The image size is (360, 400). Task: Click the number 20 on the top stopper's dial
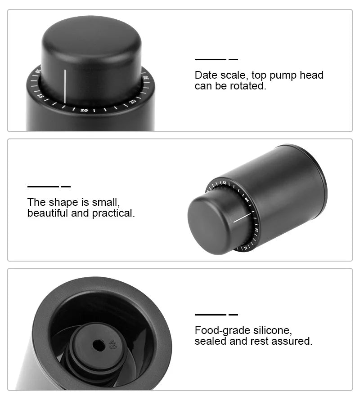tap(84, 110)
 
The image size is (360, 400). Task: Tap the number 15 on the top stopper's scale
tap(40, 96)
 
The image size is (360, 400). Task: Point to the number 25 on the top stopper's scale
tap(133, 102)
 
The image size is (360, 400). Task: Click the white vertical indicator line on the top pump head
tap(65, 86)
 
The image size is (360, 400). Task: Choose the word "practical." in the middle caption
tap(113, 213)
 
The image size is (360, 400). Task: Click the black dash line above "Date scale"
tap(210, 59)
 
